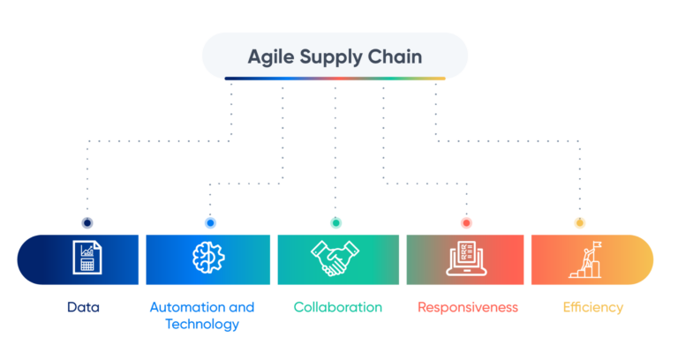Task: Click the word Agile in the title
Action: pyautogui.click(x=271, y=57)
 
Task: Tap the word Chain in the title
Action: pyautogui.click(x=395, y=56)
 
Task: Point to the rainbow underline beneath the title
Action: pyautogui.click(x=335, y=79)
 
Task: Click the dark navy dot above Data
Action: pyautogui.click(x=87, y=222)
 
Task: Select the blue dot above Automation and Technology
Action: pyautogui.click(x=210, y=222)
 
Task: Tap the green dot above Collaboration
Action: pyautogui.click(x=336, y=222)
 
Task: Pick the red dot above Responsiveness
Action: pyautogui.click(x=466, y=222)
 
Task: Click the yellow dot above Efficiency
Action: pyautogui.click(x=579, y=222)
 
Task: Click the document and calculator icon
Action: pyautogui.click(x=87, y=258)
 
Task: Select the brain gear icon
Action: pyautogui.click(x=208, y=258)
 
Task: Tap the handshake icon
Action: pyautogui.click(x=335, y=258)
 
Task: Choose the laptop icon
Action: pyautogui.click(x=466, y=258)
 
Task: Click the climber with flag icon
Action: pyautogui.click(x=585, y=259)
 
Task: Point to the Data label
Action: pyautogui.click(x=84, y=307)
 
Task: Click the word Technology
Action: pyautogui.click(x=202, y=324)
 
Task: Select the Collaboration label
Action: pyautogui.click(x=338, y=307)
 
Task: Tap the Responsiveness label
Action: pyautogui.click(x=468, y=308)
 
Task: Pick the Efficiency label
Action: pyautogui.click(x=593, y=308)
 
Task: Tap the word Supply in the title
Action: pyautogui.click(x=331, y=57)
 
